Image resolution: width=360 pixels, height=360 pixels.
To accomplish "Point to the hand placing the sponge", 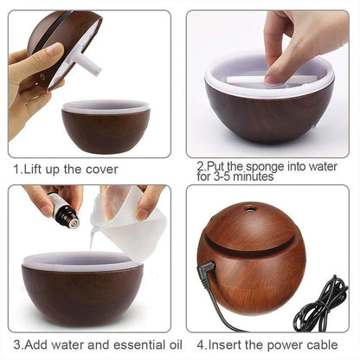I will [x=294, y=39].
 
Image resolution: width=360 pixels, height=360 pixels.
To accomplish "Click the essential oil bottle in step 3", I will [x=63, y=212].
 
